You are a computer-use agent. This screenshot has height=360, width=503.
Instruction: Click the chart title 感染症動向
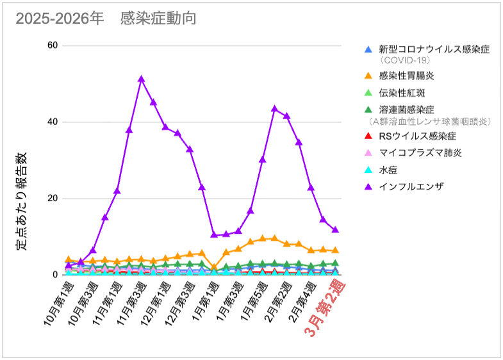click(158, 19)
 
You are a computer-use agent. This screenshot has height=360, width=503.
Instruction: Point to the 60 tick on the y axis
click(52, 45)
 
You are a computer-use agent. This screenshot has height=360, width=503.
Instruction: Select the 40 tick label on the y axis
click(52, 122)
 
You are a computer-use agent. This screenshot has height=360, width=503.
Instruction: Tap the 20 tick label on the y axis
click(52, 198)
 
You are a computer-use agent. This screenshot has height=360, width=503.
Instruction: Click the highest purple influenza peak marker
click(141, 79)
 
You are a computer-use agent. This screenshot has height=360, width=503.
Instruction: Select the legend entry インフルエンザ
click(411, 187)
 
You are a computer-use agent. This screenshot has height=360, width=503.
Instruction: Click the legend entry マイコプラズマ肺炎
click(420, 153)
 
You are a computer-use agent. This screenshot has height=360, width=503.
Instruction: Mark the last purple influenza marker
click(335, 229)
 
